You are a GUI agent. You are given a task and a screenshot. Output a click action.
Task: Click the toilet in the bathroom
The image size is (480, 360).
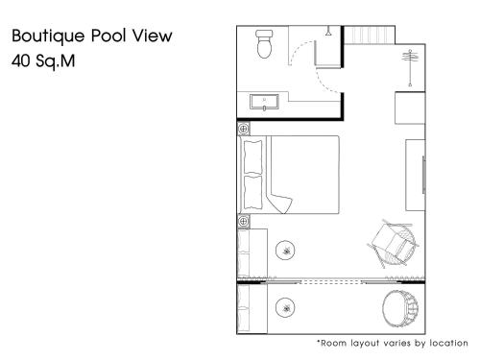[265, 44]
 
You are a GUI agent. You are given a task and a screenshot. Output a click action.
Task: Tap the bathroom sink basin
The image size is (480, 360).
[264, 103]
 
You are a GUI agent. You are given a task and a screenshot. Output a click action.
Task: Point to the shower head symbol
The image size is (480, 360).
[328, 32]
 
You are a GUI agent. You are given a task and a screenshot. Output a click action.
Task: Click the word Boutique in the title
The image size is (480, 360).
[48, 36]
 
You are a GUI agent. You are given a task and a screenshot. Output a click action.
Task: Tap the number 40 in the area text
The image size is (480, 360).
[21, 60]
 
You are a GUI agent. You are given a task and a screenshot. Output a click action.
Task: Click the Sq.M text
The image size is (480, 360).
[56, 61]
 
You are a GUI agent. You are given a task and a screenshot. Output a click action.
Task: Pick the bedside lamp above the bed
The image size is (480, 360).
[244, 129]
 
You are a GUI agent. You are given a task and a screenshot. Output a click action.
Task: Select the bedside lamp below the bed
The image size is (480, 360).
[244, 221]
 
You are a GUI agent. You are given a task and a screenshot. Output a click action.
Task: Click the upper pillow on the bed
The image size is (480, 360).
[252, 157]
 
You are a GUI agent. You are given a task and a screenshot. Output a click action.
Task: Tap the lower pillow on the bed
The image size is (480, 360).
[252, 193]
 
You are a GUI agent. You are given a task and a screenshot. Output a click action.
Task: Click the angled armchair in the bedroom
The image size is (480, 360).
[393, 244]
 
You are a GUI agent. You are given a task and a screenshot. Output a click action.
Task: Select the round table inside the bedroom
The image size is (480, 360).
[285, 251]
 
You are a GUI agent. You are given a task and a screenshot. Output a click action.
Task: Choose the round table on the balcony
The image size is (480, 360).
[285, 307]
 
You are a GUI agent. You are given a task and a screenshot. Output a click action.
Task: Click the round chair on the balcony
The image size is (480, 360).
[400, 309]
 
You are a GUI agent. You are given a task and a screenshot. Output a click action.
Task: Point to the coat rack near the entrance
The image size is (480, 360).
[410, 68]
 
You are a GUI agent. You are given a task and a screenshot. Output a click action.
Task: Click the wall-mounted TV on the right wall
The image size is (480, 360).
[423, 175]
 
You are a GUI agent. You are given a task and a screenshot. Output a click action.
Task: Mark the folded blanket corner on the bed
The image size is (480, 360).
[279, 204]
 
